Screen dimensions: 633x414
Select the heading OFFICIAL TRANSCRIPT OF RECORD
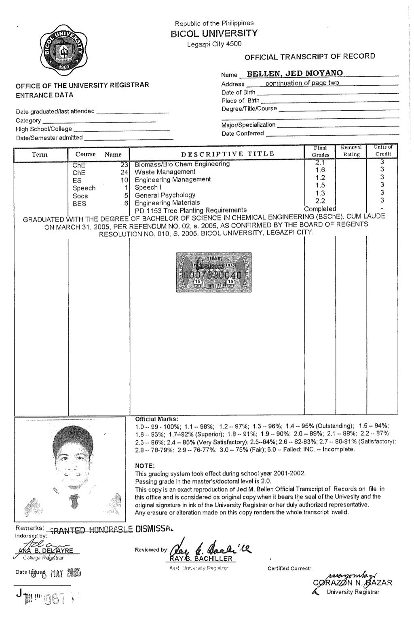310,57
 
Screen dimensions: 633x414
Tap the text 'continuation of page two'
302,83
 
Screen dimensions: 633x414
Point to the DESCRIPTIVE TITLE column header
228,154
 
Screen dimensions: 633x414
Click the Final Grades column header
320,151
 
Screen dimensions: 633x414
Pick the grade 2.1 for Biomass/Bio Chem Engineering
320,163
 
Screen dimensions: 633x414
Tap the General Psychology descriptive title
165,195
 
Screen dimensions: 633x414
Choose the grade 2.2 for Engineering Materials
320,201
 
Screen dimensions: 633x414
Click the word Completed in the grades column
320,209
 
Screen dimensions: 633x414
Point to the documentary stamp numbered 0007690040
214,272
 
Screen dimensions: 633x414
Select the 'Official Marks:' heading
156,418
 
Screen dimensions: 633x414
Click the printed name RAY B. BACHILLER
201,559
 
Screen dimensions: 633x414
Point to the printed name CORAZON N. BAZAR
352,583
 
